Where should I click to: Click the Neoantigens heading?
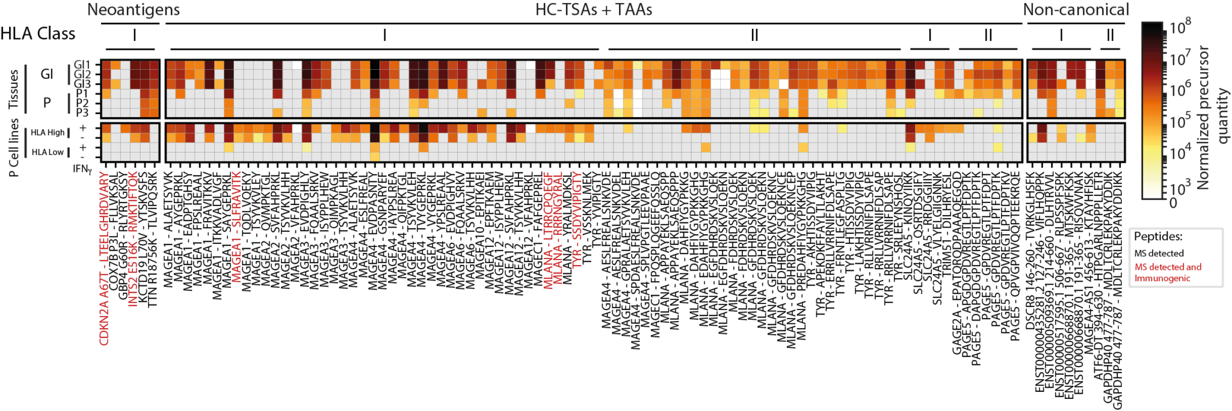133,10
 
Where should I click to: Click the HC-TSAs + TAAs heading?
593,10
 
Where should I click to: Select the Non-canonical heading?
1076,10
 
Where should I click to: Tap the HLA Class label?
38,34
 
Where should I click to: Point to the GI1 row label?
81,64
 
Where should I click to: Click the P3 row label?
82,112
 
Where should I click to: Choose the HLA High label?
48,133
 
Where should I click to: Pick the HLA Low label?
48,152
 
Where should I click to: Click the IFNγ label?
82,169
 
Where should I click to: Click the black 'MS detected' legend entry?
1159,254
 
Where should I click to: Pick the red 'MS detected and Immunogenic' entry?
1167,272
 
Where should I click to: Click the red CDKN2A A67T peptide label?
105,258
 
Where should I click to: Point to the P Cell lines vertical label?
13,147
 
